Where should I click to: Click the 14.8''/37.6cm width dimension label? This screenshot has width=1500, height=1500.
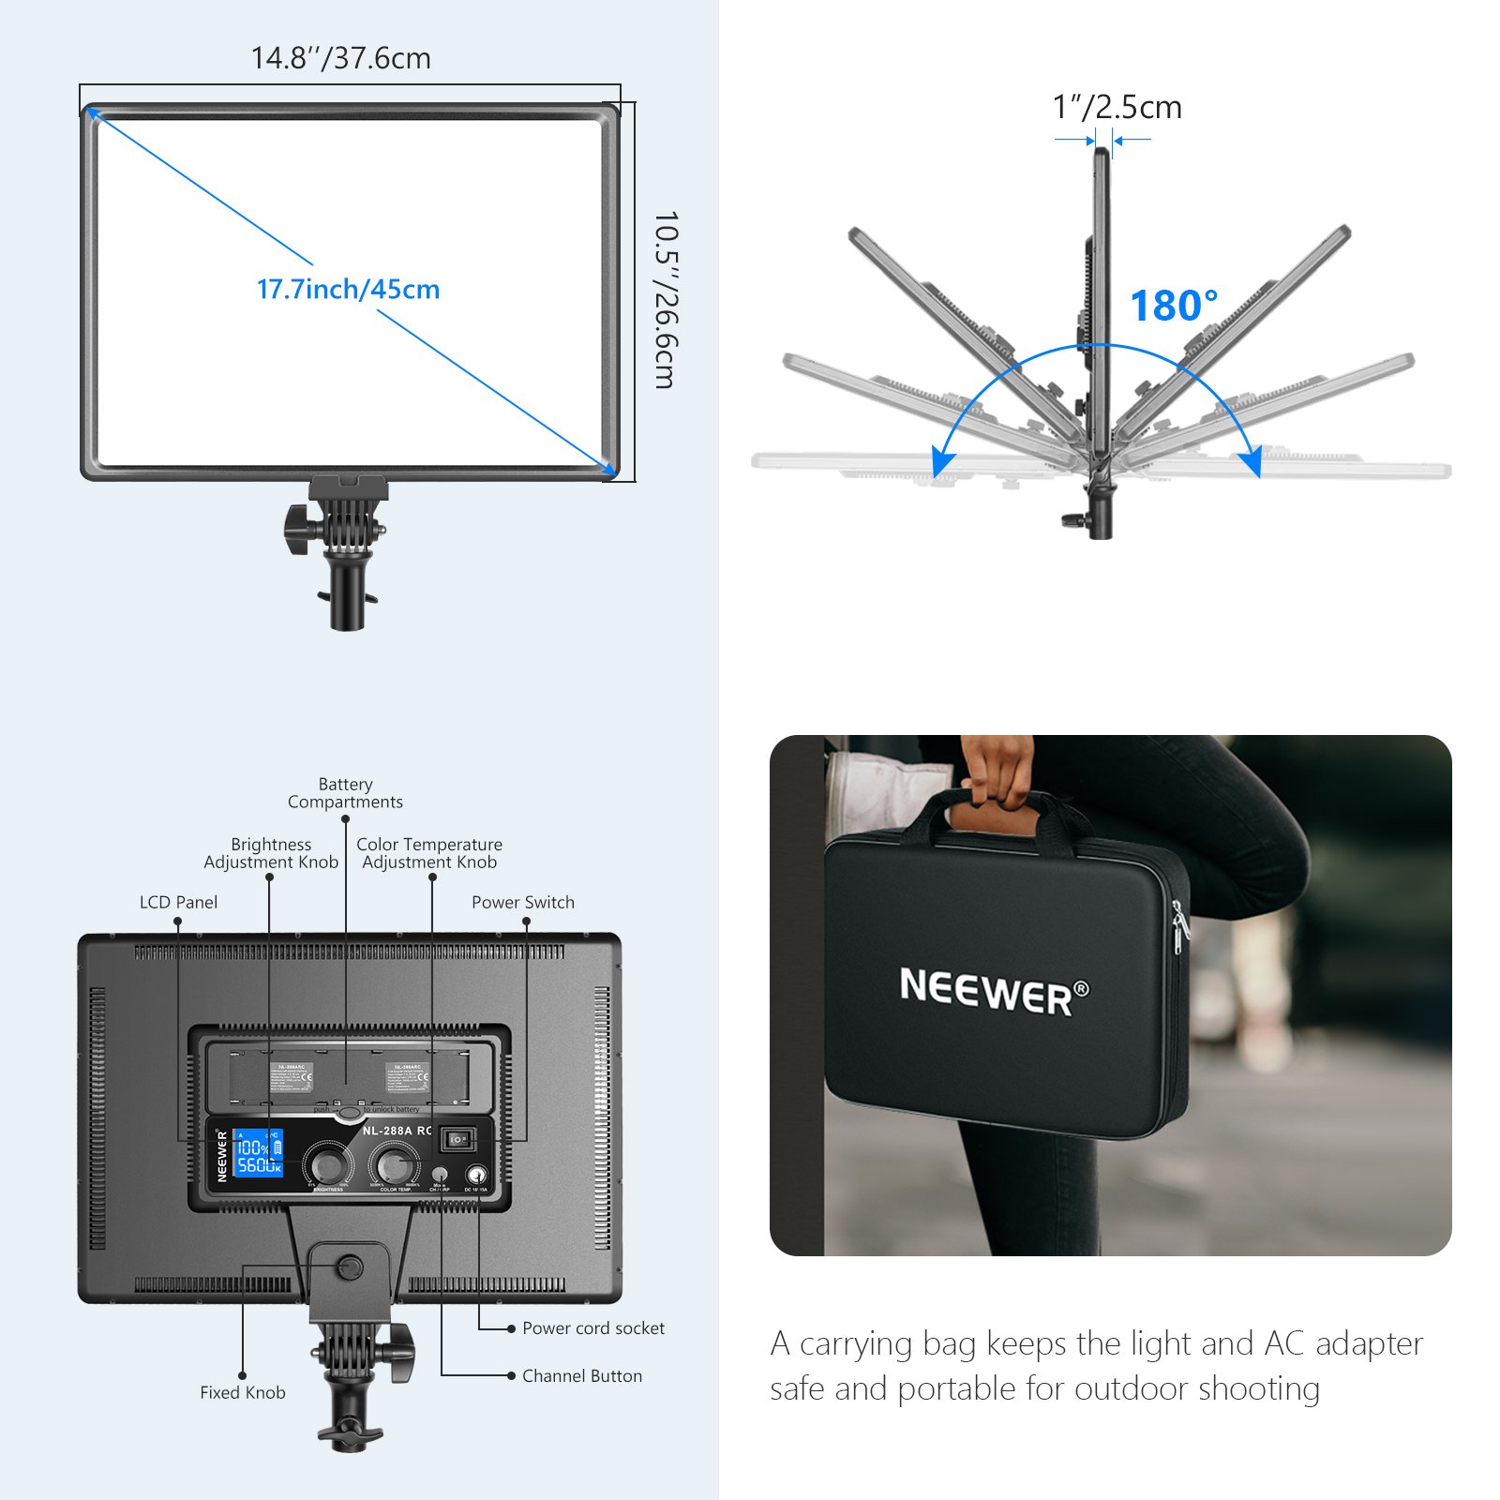(x=340, y=58)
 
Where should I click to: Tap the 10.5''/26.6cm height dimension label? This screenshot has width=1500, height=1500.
(x=664, y=299)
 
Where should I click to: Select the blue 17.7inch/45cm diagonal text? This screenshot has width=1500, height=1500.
(x=348, y=289)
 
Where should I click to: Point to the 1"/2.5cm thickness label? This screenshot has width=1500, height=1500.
(x=1117, y=107)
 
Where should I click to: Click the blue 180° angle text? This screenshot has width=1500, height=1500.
(x=1173, y=306)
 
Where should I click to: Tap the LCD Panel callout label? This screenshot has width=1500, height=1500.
(x=178, y=902)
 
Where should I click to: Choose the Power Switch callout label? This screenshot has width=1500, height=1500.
(x=522, y=902)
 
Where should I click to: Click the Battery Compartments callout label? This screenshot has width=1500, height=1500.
(x=345, y=793)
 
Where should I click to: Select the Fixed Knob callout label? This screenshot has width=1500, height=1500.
(x=242, y=1392)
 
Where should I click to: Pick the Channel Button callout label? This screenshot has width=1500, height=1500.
(x=581, y=1375)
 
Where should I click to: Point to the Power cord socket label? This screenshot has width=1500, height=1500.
(x=592, y=1327)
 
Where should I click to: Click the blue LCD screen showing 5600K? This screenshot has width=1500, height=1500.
(x=258, y=1152)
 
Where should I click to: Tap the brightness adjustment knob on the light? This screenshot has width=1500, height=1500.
(x=327, y=1165)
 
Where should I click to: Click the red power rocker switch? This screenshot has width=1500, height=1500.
(x=457, y=1139)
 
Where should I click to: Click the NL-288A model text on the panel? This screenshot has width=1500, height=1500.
(x=387, y=1131)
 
